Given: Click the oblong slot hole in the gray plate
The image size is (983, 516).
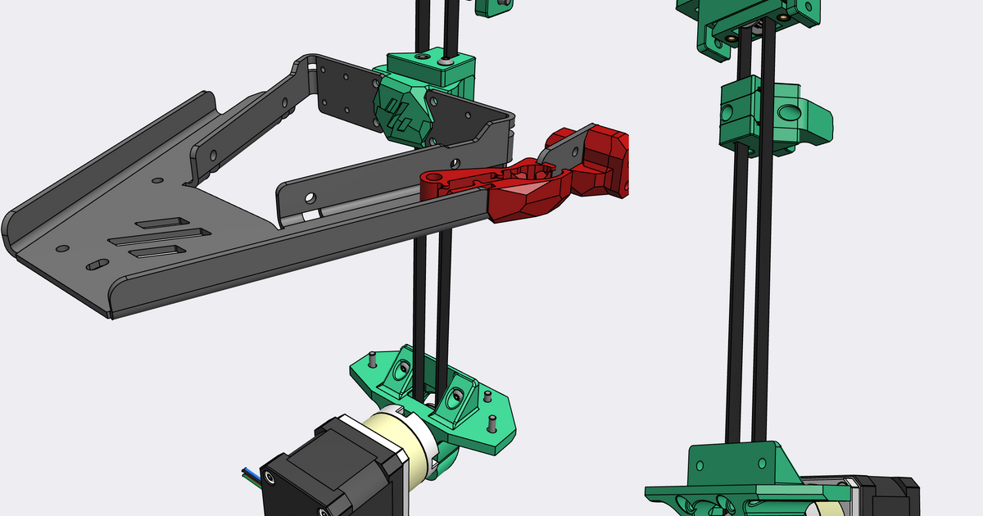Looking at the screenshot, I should pos(97,264).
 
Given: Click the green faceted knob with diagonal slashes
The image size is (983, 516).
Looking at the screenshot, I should pos(401,110).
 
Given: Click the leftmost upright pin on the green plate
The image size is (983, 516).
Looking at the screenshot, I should pos(371,359).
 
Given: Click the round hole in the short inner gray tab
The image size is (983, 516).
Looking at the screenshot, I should pos(310,197).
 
